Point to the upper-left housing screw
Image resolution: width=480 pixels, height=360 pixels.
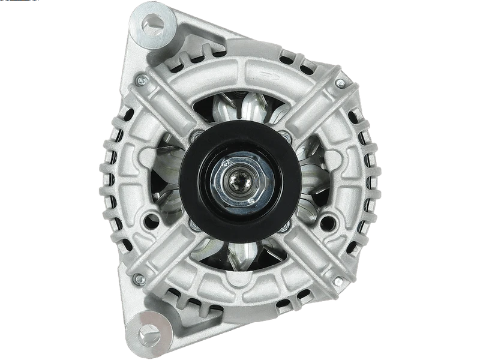[139, 79]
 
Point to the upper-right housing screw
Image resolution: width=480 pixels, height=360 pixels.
[341, 83]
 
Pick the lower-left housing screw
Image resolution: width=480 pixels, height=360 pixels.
[139, 279]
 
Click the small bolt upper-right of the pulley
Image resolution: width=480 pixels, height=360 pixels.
[286, 137]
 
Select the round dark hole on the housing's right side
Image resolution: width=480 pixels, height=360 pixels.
[328, 223]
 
